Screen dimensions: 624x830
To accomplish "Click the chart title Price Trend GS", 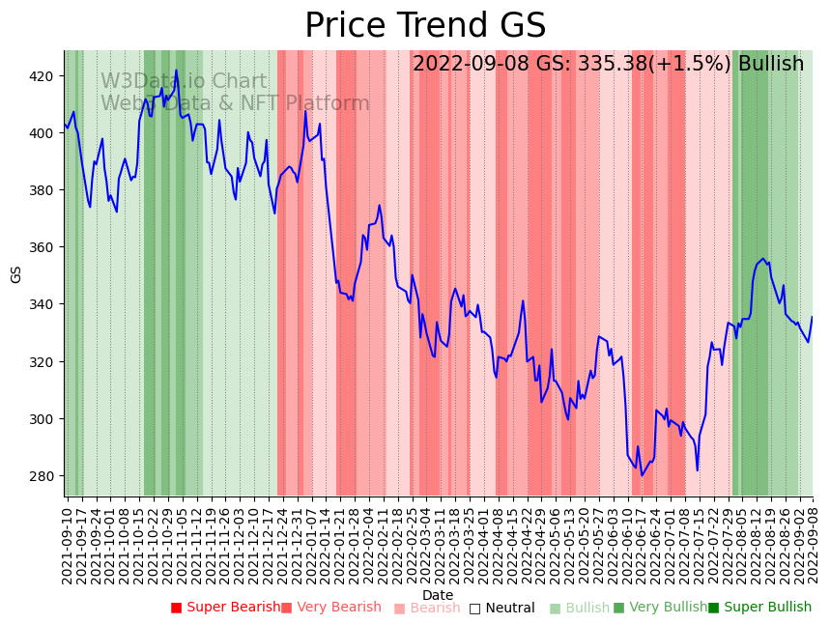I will [425, 26].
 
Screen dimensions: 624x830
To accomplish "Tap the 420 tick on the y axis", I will [43, 76].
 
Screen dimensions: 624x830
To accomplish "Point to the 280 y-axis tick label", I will [43, 476].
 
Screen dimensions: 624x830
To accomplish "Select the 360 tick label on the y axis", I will [43, 247].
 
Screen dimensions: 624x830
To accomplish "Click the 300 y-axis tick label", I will [43, 419].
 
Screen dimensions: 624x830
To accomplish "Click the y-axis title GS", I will [15, 273].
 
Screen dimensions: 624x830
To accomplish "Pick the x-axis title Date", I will [438, 595].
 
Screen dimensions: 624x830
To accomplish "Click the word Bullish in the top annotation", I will [771, 64].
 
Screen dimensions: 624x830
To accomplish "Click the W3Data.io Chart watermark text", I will [184, 81].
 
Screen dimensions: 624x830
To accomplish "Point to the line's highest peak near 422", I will [176, 70].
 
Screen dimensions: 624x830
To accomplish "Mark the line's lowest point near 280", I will [642, 475].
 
